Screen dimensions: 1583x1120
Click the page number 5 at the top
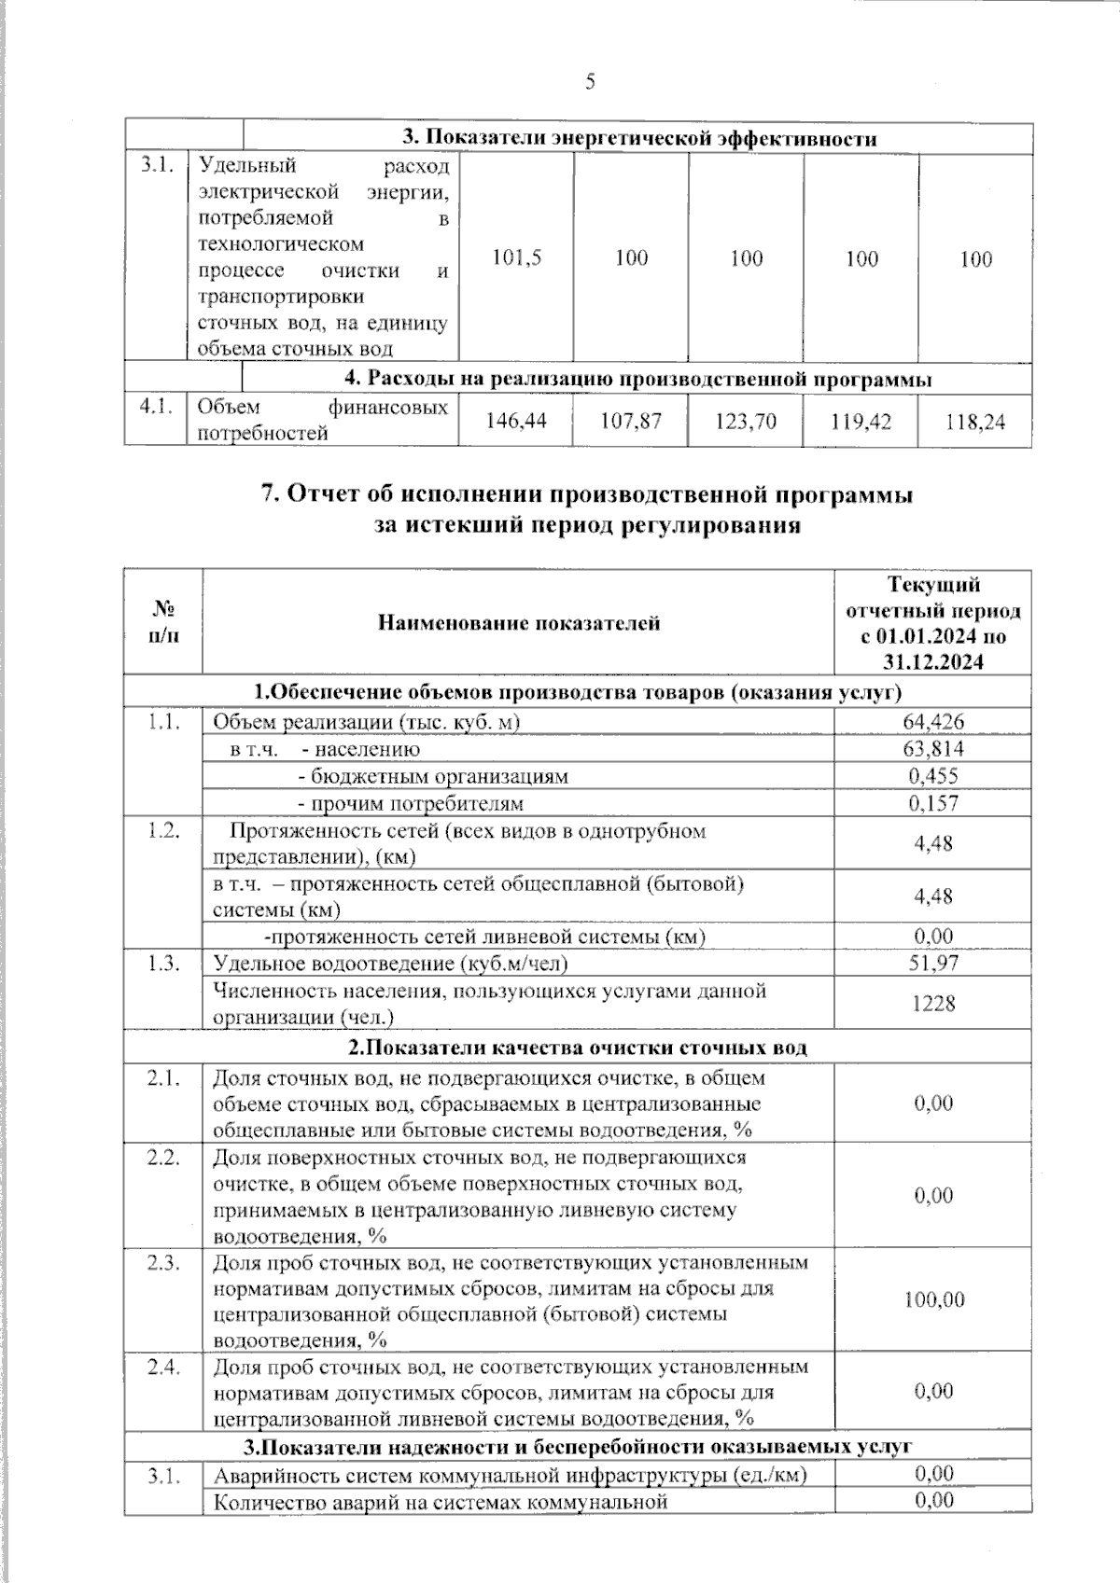(x=589, y=82)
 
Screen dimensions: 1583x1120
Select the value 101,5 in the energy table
(x=516, y=258)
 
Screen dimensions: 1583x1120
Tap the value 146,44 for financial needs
(x=516, y=422)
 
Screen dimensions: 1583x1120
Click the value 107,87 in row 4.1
(x=631, y=422)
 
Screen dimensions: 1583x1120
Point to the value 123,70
(x=746, y=422)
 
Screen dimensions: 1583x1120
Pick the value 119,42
(x=861, y=422)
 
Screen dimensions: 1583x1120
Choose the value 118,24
(x=974, y=422)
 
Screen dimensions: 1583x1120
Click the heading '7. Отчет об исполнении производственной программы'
(x=586, y=495)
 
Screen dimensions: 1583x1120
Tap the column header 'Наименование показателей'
(x=518, y=622)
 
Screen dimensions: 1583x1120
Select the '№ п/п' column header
(x=163, y=622)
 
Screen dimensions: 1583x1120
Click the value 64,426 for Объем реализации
(x=933, y=721)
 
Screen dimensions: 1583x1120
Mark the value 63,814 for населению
(x=933, y=749)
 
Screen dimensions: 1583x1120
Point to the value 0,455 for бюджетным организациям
(x=933, y=776)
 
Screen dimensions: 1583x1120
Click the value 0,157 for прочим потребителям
(x=933, y=803)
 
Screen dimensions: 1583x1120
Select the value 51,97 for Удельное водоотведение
(x=933, y=963)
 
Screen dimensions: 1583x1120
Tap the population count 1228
(x=933, y=1003)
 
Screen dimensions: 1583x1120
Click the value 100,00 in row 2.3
(x=933, y=1299)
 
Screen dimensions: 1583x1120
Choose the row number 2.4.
(x=163, y=1367)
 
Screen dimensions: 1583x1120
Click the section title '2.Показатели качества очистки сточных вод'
(x=578, y=1047)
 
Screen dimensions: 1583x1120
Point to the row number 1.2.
(x=163, y=831)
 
